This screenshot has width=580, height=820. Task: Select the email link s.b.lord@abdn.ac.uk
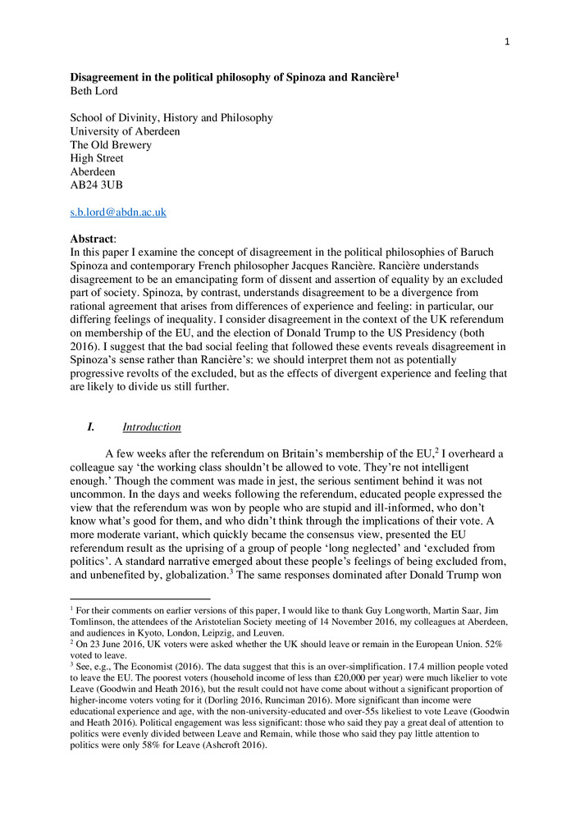coord(118,212)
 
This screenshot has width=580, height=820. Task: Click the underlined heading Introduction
coord(152,427)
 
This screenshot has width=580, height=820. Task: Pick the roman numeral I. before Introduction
coord(91,427)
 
